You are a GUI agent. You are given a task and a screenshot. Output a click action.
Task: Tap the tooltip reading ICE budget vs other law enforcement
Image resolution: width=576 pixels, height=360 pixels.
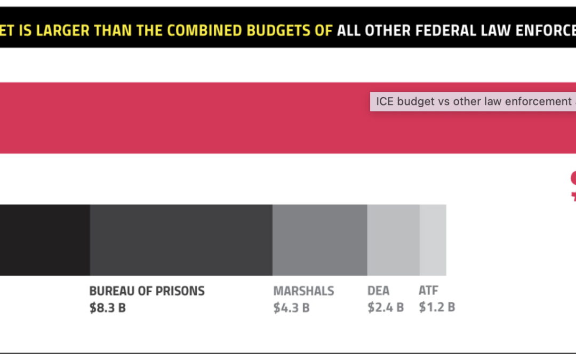coord(473,101)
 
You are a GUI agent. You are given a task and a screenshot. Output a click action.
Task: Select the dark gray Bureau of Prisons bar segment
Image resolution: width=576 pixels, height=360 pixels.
coord(181,240)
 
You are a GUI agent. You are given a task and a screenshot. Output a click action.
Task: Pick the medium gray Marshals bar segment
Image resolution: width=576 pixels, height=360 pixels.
coord(319,240)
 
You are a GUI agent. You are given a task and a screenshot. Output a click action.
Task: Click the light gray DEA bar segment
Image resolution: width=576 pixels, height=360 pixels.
coord(393,240)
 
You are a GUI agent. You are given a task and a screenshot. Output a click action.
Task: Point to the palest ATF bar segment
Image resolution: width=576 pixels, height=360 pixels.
coord(433,240)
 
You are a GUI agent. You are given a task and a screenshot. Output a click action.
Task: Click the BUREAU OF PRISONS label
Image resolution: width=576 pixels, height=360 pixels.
coord(147,291)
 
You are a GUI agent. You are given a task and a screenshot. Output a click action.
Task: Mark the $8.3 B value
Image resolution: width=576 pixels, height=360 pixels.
coord(107,308)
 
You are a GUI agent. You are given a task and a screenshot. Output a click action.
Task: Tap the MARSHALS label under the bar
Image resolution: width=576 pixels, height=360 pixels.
coord(303,291)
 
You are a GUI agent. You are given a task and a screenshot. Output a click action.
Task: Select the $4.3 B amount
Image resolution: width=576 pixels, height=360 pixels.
coord(291,308)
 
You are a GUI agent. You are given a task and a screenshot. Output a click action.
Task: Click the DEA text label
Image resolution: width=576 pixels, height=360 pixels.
coord(378,291)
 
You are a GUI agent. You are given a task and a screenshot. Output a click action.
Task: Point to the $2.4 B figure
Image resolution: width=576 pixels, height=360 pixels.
coord(385,308)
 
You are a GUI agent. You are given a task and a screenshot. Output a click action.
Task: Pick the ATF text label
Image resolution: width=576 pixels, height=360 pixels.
coord(428,291)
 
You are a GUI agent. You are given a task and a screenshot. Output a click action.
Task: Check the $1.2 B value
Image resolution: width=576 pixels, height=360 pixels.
coord(437,308)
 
